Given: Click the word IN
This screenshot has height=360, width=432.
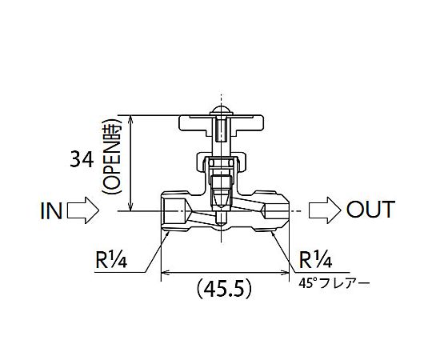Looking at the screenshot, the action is tap(51, 210).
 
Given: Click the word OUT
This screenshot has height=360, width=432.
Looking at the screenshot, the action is tap(370, 210).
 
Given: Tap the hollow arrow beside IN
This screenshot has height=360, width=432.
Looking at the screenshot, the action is tap(83, 210).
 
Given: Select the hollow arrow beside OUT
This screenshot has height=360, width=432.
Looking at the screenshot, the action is tap(325, 210).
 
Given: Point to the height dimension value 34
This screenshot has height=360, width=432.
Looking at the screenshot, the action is tap(82, 159).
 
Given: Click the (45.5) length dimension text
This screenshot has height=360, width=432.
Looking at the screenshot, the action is tap(224, 289).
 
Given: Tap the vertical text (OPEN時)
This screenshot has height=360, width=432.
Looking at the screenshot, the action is tap(111, 157).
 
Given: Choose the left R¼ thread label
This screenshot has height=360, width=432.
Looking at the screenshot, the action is tap(111, 260).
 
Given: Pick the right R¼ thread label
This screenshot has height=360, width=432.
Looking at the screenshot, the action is tap(315, 260).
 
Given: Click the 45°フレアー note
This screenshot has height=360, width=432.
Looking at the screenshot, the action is tap(334, 283).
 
